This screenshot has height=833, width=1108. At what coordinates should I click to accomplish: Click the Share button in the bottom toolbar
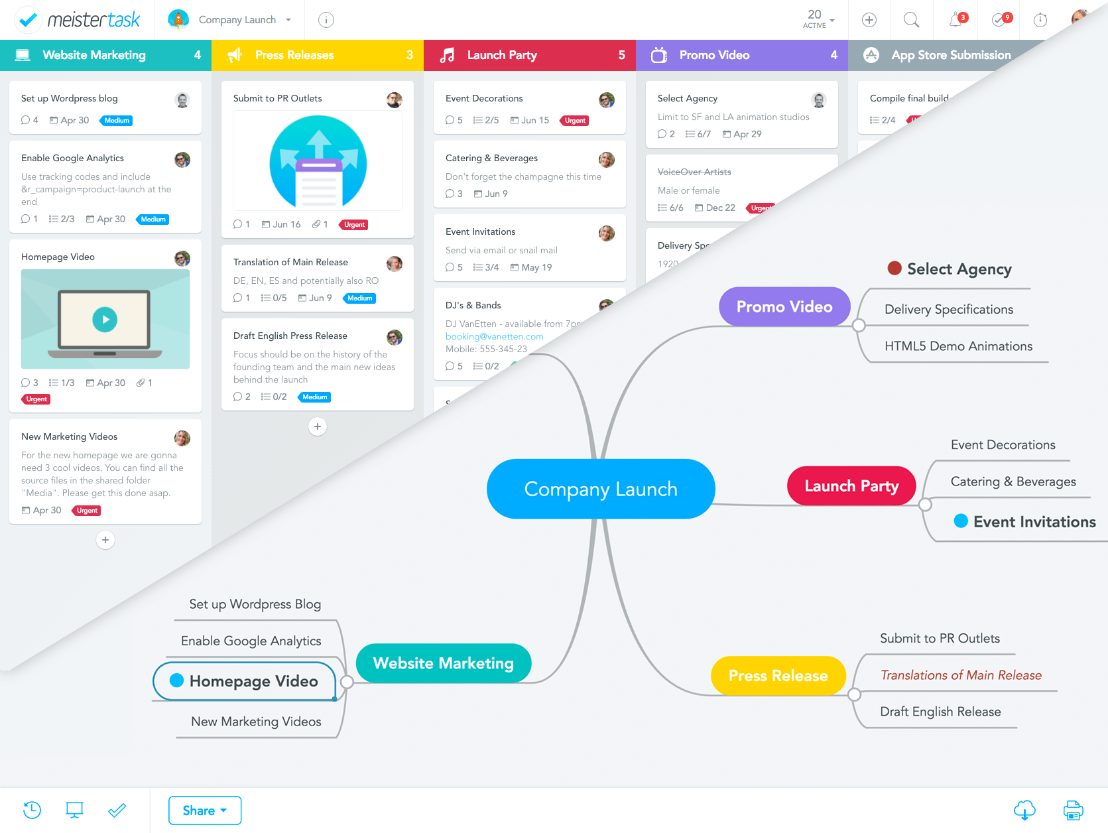coord(204,810)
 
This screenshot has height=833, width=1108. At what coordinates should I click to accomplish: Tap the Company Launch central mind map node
coord(601,489)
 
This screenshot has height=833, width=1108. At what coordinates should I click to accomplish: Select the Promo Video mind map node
coord(784,306)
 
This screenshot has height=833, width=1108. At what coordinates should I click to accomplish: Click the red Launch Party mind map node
coord(851,486)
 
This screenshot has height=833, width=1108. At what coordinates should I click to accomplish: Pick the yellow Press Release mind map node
coord(778,676)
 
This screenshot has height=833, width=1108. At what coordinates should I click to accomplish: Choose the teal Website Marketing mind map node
coord(443,663)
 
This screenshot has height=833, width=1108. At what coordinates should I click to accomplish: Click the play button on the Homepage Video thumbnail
coord(105,319)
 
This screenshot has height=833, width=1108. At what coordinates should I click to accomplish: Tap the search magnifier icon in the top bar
coord(912,20)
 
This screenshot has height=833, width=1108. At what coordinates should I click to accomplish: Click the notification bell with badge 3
coord(956,20)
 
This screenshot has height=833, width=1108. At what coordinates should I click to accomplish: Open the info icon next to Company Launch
coord(326,20)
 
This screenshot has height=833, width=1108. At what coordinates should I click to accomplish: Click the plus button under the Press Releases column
coord(318,426)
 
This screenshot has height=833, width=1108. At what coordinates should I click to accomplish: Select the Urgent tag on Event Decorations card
coord(575,121)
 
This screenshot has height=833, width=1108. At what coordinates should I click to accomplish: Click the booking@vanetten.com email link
coord(495,336)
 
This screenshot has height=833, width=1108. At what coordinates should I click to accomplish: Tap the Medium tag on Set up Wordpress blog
coord(117,121)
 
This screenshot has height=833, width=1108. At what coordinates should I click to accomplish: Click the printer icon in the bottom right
coord(1073,810)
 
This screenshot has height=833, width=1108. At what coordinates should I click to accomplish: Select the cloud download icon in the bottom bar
coord(1024,810)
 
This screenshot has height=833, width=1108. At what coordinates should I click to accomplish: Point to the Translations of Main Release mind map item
coord(961,675)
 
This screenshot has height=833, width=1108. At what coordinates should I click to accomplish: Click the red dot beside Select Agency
coord(894,268)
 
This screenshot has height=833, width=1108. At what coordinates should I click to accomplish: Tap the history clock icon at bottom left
coord(32,810)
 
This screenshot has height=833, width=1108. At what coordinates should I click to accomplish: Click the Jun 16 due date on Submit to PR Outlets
coord(281,225)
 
